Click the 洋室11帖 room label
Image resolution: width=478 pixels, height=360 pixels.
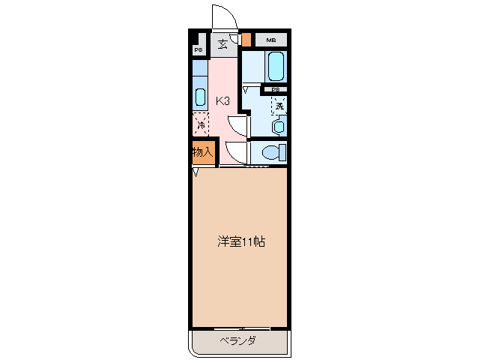[241, 242]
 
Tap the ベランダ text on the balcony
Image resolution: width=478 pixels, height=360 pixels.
[238, 341]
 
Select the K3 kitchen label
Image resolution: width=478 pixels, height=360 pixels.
[223, 100]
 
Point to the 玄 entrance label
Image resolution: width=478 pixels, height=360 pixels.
[223, 44]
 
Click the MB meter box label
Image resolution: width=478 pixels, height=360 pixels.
[270, 40]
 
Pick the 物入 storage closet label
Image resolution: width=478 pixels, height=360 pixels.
[202, 151]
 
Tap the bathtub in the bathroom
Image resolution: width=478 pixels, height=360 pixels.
[275, 67]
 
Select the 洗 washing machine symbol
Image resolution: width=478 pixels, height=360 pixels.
[279, 106]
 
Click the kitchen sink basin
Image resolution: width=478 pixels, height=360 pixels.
[200, 96]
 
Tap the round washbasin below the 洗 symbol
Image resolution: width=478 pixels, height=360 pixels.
[279, 126]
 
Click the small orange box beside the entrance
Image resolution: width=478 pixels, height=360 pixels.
[246, 39]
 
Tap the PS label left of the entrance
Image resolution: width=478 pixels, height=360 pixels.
[199, 50]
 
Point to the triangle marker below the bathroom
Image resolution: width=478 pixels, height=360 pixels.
[245, 88]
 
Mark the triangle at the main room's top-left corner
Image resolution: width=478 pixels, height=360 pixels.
[196, 172]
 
